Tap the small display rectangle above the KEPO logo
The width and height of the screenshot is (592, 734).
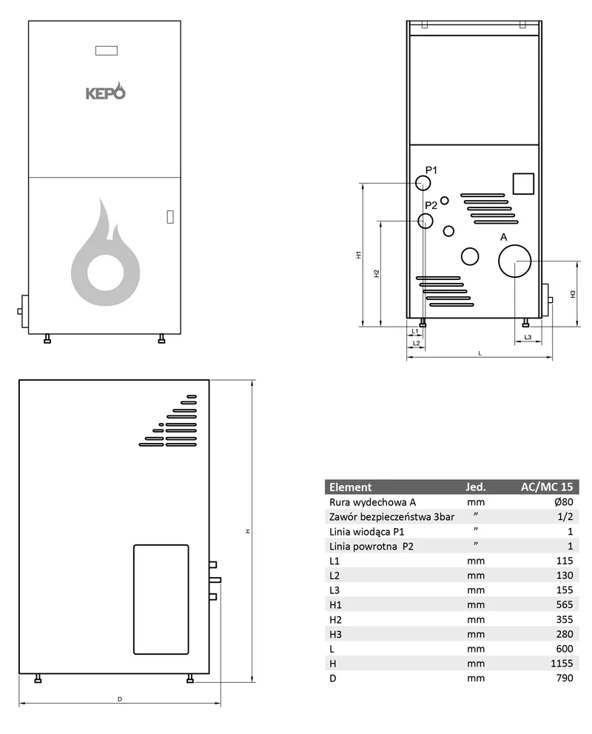(107, 50)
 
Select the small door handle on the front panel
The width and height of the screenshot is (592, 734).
(170, 217)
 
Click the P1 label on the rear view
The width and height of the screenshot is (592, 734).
(431, 170)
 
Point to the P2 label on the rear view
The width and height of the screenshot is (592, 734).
(431, 205)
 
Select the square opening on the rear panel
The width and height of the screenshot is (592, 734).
(523, 184)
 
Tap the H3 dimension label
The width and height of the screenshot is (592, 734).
(573, 294)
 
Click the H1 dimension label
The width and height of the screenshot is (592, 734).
(359, 255)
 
